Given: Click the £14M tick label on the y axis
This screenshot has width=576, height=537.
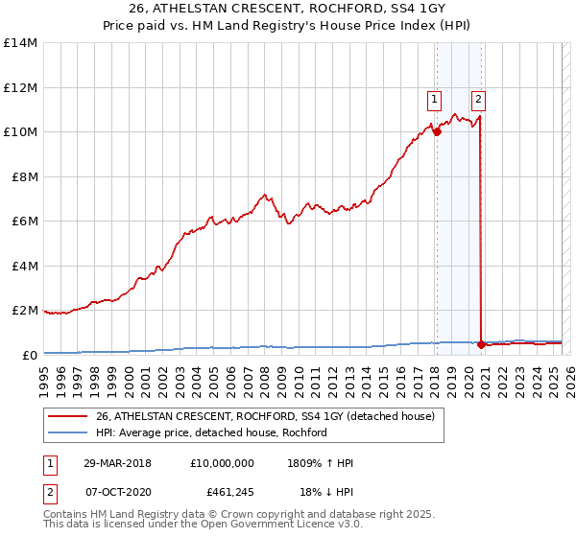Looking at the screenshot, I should click(x=20, y=43).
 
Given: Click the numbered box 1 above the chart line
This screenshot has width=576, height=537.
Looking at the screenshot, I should click(x=434, y=97).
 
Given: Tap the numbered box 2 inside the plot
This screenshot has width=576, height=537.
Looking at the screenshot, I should click(x=478, y=97).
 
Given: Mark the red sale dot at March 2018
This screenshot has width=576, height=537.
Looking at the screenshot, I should click(x=436, y=132).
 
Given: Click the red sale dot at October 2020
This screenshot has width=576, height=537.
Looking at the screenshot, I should click(x=480, y=344).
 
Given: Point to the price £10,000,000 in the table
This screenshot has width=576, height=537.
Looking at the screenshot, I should click(x=222, y=464).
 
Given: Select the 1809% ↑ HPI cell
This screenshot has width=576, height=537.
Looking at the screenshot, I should click(x=320, y=464).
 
